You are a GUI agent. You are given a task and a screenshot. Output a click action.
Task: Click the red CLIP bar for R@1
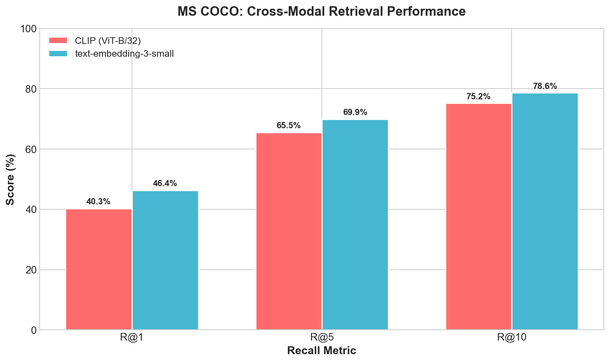(x=99, y=269)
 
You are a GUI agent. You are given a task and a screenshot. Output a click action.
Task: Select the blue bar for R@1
(x=165, y=260)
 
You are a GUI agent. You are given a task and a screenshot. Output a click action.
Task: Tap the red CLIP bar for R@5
(x=289, y=231)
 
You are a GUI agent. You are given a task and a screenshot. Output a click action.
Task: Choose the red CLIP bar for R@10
(x=478, y=217)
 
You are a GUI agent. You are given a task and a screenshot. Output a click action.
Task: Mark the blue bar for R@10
(x=545, y=211)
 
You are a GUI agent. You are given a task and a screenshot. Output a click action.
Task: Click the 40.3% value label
(x=98, y=202)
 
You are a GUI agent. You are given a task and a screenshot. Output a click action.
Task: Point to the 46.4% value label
(x=165, y=184)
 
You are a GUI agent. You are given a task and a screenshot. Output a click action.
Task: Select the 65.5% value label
(x=289, y=126)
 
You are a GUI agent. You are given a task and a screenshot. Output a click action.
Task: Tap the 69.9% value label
(x=355, y=113)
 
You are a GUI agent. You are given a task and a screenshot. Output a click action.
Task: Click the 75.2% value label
(x=478, y=97)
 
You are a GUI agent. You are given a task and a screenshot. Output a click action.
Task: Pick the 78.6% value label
(x=545, y=86)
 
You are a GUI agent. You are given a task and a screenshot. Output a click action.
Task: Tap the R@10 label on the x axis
(x=512, y=338)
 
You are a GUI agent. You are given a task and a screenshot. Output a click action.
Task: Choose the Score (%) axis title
(x=11, y=179)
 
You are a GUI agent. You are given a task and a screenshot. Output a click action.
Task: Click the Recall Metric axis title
(x=321, y=351)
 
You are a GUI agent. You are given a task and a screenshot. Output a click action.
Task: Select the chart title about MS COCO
(x=321, y=11)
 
